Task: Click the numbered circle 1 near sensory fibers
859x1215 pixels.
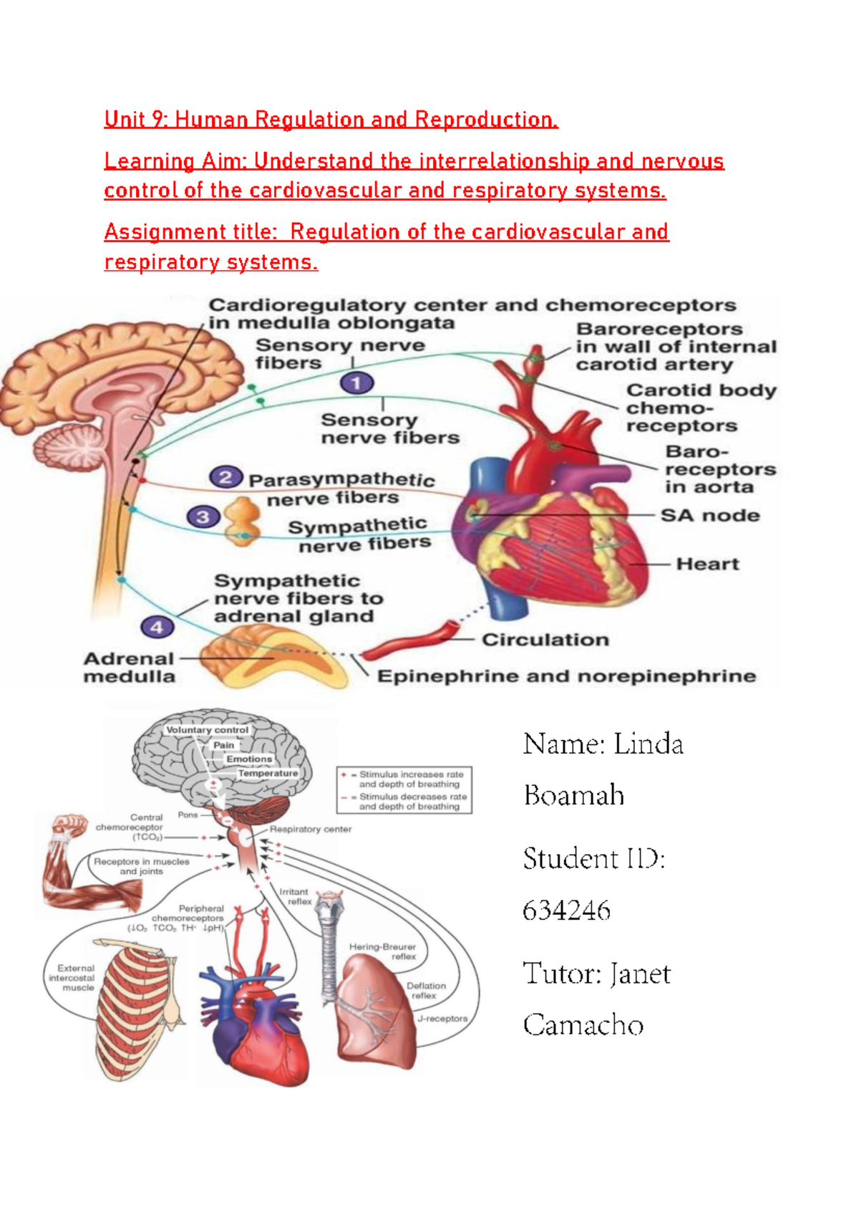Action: pos(356,383)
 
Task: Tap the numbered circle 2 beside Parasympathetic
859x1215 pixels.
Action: pos(225,477)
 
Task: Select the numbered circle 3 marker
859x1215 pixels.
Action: pos(203,517)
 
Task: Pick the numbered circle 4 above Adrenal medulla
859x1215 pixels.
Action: pos(157,628)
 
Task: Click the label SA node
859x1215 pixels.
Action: pos(709,515)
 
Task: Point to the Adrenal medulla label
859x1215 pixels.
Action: pos(130,667)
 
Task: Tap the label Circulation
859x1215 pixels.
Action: pos(545,640)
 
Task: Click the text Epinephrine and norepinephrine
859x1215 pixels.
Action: pos(566,676)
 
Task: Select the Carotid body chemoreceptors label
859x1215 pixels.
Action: pos(700,408)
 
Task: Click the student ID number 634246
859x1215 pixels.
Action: pos(566,911)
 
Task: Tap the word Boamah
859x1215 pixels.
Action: pos(573,796)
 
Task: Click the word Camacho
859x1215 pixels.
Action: pos(583,1025)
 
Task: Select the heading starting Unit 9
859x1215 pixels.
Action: pos(331,119)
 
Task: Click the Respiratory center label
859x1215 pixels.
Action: pos(310,830)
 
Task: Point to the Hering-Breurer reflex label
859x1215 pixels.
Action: pos(382,951)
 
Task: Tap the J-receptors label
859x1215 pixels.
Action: pos(442,1018)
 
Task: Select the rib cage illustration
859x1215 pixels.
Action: pos(136,1010)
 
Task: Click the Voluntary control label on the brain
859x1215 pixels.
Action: pos(207,730)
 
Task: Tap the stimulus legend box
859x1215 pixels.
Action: pos(404,790)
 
